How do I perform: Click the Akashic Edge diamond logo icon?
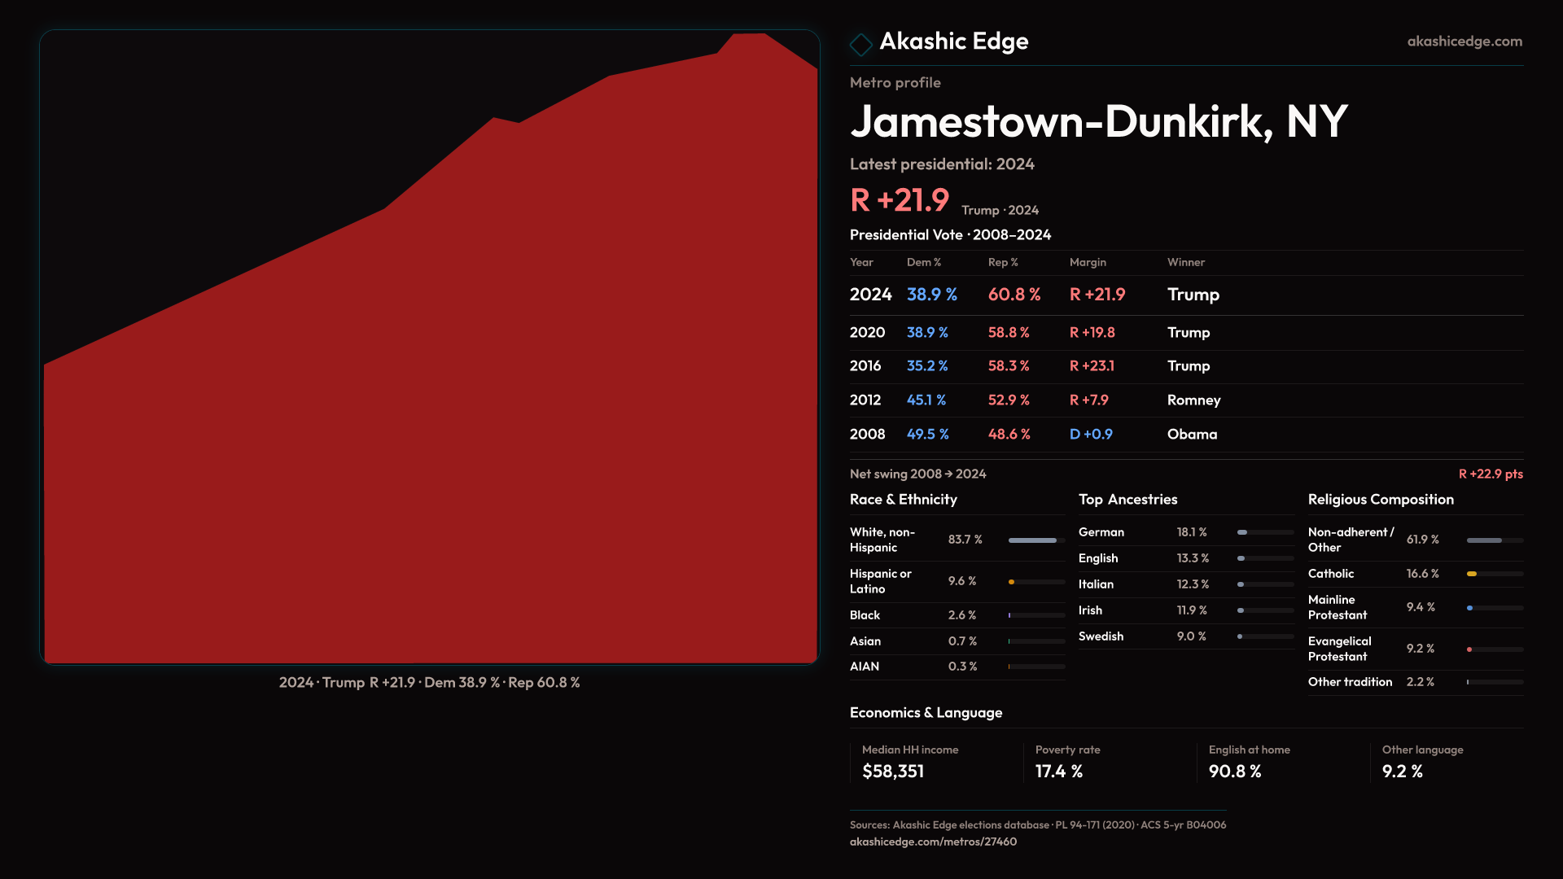pos(860,44)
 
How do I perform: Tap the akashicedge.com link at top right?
pos(1464,42)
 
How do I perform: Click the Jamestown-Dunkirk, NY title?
pos(1098,122)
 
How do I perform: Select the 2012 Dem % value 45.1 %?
pos(926,400)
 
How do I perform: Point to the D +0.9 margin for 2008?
pos(1090,435)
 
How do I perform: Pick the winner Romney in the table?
pos(1193,400)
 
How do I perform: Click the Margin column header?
pos(1087,262)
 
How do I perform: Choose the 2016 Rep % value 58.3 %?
pos(1008,366)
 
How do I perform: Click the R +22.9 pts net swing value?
pos(1490,474)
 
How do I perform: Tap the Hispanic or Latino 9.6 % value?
pos(961,581)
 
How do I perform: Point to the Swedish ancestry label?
pos(1101,636)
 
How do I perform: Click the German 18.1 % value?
pos(1191,532)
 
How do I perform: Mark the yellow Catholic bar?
pos(1472,574)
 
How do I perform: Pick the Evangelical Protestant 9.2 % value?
pos(1420,649)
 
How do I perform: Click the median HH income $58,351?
pos(892,772)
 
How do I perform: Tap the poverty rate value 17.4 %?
pos(1058,772)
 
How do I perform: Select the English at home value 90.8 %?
pos(1234,772)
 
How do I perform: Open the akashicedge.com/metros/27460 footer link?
pos(933,842)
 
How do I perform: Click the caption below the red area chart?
pos(429,683)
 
